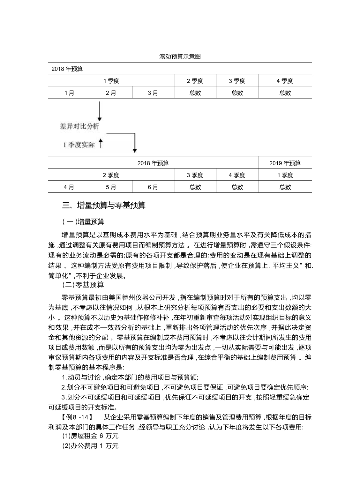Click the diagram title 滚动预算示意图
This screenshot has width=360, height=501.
[180, 57]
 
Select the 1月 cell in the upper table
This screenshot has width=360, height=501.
[69, 93]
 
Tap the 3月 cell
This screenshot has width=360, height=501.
[153, 93]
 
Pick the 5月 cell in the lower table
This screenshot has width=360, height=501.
[111, 187]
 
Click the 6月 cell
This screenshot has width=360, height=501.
[153, 187]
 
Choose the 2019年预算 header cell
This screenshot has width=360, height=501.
[285, 163]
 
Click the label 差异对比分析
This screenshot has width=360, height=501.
[79, 126]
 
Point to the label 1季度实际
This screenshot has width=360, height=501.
[79, 145]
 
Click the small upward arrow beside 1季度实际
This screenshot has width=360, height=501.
[101, 144]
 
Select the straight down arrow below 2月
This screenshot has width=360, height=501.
[100, 111]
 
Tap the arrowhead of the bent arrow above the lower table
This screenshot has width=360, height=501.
[135, 150]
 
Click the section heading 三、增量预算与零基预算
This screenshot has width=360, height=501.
[104, 206]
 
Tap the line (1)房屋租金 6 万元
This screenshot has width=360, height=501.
[90, 436]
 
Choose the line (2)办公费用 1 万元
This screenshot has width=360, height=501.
[90, 446]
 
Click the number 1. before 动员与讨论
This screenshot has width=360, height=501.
[64, 378]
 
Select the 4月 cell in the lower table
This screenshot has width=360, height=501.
[69, 187]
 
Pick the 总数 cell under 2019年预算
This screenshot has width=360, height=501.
[285, 187]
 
